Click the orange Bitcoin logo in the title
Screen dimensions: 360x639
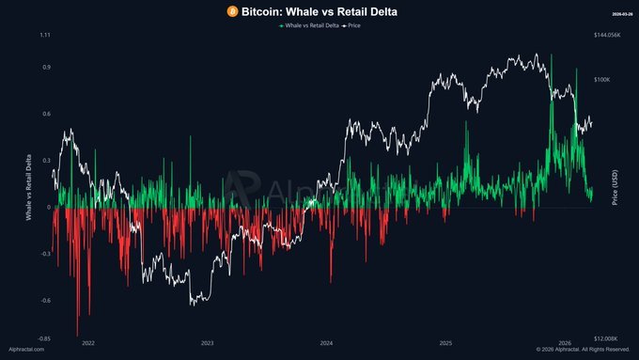click(x=231, y=10)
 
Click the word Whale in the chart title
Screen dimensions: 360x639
click(x=300, y=10)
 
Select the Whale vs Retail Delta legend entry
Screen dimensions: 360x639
click(x=312, y=25)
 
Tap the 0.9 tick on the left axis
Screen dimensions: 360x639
click(x=46, y=68)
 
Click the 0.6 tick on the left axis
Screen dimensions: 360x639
click(x=46, y=115)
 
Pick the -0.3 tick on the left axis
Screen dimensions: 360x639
click(x=45, y=254)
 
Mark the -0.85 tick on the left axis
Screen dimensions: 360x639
click(x=44, y=338)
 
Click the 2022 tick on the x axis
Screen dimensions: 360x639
click(x=87, y=345)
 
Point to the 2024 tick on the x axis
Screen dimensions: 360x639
click(x=326, y=345)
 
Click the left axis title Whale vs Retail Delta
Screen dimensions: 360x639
click(x=29, y=188)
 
